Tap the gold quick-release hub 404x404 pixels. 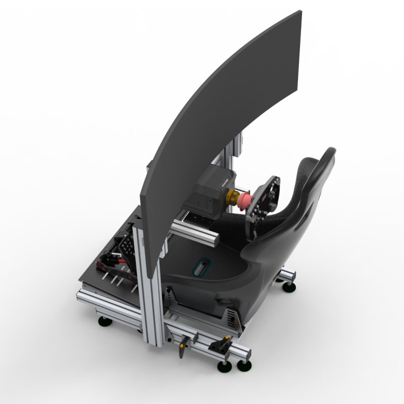(234, 197)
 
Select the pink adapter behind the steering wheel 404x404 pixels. (243, 200)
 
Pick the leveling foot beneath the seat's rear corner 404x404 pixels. (289, 287)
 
